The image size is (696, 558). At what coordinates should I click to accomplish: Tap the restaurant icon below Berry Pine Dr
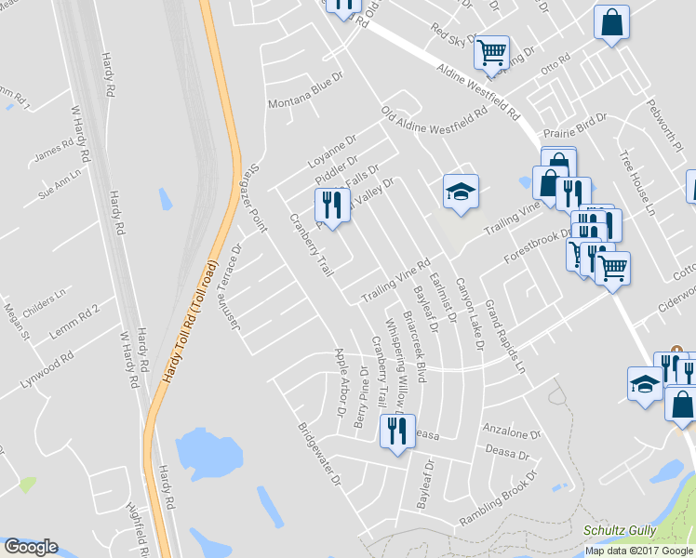[x=395, y=432]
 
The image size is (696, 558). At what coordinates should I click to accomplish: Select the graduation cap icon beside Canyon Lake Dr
[x=460, y=193]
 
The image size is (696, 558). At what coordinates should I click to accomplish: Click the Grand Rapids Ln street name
[x=504, y=335]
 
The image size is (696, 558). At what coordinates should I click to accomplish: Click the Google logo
[x=30, y=547]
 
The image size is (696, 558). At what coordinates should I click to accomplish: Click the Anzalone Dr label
[x=512, y=432]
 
